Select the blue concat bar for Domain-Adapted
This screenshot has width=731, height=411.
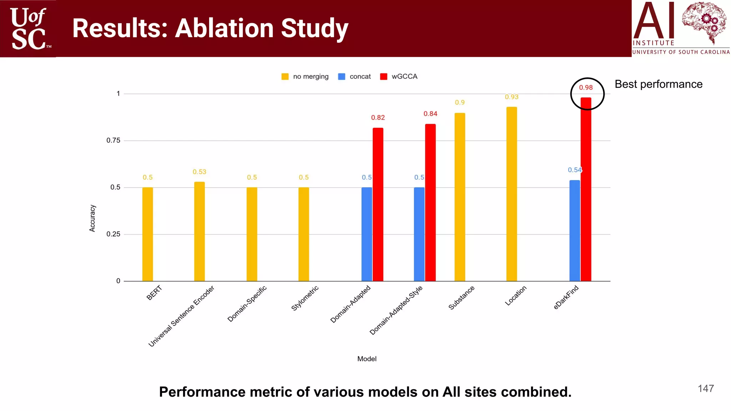click(x=367, y=234)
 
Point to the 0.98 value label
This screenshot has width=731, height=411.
click(x=586, y=87)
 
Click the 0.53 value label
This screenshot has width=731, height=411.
click(x=200, y=172)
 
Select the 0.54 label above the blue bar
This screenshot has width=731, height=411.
click(x=575, y=170)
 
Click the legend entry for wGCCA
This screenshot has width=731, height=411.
click(x=399, y=76)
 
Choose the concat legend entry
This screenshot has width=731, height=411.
click(x=354, y=76)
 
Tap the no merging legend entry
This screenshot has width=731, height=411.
click(x=305, y=76)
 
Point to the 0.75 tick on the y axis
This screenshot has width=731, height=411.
click(x=113, y=141)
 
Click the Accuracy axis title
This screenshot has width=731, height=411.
click(x=92, y=218)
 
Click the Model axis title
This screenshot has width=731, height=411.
click(x=367, y=359)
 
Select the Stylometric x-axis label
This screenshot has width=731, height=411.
click(x=304, y=298)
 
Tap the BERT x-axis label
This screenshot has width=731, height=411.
click(x=154, y=293)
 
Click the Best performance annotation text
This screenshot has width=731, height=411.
click(x=659, y=84)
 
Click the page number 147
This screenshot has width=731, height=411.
click(x=706, y=389)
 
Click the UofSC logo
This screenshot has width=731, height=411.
click(x=29, y=29)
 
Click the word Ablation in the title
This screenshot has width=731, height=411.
click(x=225, y=28)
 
